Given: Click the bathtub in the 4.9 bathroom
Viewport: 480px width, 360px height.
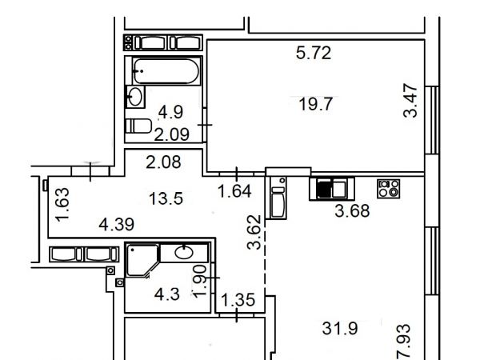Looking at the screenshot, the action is click(x=166, y=71).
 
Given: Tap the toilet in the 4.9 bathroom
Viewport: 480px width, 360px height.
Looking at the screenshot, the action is click(x=138, y=126).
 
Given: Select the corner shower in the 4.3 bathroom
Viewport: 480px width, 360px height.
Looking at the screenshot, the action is click(x=142, y=260).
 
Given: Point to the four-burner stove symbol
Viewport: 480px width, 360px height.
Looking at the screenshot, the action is click(x=389, y=189).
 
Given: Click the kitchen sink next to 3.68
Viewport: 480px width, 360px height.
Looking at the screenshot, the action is click(x=332, y=189).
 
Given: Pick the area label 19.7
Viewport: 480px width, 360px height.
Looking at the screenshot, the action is click(x=315, y=104).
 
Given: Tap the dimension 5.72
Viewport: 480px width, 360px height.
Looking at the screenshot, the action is click(x=314, y=53).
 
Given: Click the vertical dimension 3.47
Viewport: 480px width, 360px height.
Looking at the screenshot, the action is click(x=410, y=101).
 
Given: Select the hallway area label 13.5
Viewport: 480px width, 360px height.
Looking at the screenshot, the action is click(x=166, y=198).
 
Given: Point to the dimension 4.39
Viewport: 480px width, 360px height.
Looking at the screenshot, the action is click(x=116, y=224).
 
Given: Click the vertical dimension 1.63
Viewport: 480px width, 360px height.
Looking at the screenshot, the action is click(x=62, y=204).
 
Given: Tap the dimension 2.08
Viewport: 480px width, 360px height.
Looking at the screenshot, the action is click(x=163, y=162).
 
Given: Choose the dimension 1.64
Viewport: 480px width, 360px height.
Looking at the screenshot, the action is click(x=234, y=191).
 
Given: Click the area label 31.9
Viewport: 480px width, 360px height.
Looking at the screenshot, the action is click(x=340, y=329).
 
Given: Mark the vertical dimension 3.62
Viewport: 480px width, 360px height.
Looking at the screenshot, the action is click(x=254, y=232).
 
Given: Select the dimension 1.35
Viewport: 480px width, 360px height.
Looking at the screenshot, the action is click(x=238, y=300).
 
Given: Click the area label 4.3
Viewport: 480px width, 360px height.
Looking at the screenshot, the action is click(x=167, y=294).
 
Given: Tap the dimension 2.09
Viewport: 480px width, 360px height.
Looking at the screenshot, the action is click(x=171, y=134).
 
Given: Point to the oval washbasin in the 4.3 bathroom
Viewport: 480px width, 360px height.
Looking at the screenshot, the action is click(x=184, y=253).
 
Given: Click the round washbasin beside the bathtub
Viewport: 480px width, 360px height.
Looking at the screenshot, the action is click(x=135, y=97).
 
